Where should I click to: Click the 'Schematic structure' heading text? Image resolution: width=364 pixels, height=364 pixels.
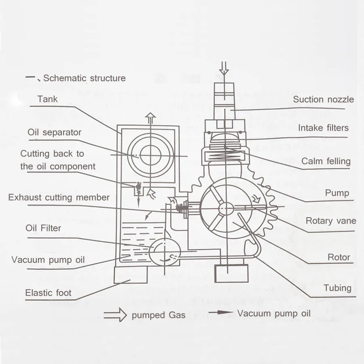coord(84,78)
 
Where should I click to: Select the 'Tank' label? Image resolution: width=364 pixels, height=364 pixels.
coord(47,99)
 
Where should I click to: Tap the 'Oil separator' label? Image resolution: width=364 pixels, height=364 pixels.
coord(54,132)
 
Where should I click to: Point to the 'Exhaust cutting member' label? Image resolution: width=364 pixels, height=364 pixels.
coord(59,197)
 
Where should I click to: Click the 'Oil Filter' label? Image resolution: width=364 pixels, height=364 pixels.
coord(43,228)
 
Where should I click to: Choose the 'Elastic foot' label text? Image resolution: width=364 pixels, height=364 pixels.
coord(48,292)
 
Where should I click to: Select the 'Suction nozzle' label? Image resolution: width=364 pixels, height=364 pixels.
coord(323,99)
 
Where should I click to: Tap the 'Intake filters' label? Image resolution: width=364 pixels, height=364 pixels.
coord(323,128)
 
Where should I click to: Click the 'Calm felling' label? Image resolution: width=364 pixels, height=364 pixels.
coord(326,161)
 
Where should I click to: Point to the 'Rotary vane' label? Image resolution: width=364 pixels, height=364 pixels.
coord(331,221)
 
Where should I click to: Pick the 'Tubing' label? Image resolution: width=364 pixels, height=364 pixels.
coord(337,288)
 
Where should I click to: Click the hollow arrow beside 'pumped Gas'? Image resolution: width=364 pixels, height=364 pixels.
coord(115,315)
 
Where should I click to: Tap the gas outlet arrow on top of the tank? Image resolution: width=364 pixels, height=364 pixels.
coord(150,118)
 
